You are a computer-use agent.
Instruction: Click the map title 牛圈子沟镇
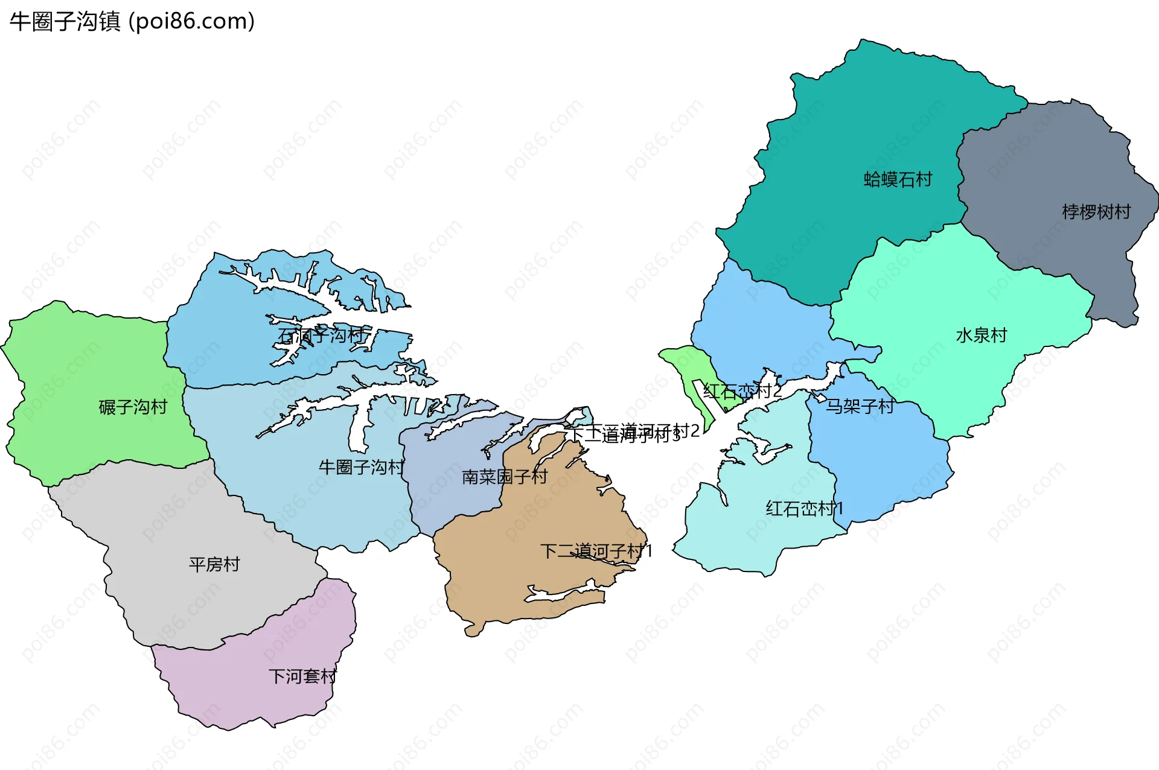pos(65,22)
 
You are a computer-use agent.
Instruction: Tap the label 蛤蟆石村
pos(898,179)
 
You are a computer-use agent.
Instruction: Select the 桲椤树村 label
pos(1096,212)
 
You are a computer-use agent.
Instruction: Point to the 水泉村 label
pos(982,335)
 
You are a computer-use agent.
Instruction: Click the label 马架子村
pos(860,406)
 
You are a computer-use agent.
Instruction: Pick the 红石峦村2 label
pos(742,391)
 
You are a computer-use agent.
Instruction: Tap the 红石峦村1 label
pos(804,509)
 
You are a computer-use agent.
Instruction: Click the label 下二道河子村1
pos(596,551)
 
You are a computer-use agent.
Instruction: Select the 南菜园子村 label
pos(505,477)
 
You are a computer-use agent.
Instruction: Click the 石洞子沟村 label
pos(322,336)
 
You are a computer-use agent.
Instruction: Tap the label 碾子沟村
pos(133,407)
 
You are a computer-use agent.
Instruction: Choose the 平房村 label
pos(214,564)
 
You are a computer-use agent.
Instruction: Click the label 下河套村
pos(302,676)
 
